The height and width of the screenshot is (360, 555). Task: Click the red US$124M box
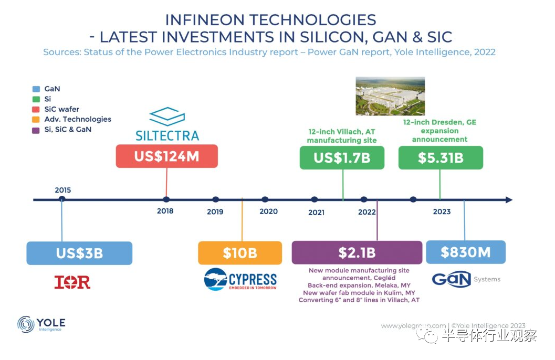point(166,156)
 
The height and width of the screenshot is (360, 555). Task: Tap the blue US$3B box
point(79,253)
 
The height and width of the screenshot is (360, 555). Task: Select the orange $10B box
point(239,253)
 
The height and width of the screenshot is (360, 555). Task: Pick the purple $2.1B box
point(357,252)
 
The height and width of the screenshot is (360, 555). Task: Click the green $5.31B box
point(440,158)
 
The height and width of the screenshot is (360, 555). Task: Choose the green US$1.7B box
point(342,157)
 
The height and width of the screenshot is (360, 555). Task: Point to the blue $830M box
point(465,252)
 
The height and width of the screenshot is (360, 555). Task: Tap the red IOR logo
point(72,282)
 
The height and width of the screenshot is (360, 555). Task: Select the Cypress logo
point(240,280)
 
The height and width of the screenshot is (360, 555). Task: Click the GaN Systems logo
point(466,280)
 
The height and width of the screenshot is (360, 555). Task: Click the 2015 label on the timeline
point(62,190)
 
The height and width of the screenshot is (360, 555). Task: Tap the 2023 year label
point(442,211)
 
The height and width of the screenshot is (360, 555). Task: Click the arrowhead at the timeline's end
point(508,200)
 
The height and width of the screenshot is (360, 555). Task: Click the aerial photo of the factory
point(390,96)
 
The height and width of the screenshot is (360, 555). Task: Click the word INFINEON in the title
point(206,20)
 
